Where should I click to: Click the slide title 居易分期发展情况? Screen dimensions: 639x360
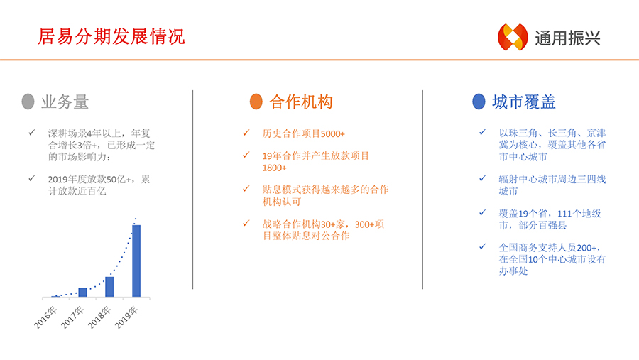pyautogui.click(x=111, y=37)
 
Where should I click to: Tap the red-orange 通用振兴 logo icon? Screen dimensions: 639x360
pyautogui.click(x=513, y=37)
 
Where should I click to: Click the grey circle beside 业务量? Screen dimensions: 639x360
pyautogui.click(x=28, y=102)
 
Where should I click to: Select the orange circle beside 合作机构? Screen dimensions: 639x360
pyautogui.click(x=256, y=102)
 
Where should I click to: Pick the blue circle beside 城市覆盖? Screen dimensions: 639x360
pyautogui.click(x=479, y=102)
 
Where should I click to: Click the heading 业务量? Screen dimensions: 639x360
pyautogui.click(x=65, y=102)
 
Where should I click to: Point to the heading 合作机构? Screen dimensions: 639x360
pyautogui.click(x=301, y=102)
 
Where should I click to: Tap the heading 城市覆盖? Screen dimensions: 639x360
pyautogui.click(x=524, y=102)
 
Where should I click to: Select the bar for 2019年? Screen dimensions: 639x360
pyautogui.click(x=136, y=261)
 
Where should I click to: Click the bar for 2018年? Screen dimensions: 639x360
pyautogui.click(x=109, y=287)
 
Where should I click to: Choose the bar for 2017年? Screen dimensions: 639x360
pyautogui.click(x=82, y=293)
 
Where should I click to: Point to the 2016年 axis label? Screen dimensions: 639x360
pyautogui.click(x=45, y=317)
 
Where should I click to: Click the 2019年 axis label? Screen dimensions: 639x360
pyautogui.click(x=126, y=317)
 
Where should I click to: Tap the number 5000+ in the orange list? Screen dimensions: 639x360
pyautogui.click(x=332, y=134)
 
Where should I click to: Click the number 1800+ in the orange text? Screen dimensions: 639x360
pyautogui.click(x=274, y=168)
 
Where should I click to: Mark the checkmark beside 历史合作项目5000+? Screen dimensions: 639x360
pyautogui.click(x=246, y=133)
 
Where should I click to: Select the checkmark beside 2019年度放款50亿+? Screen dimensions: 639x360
pyautogui.click(x=32, y=178)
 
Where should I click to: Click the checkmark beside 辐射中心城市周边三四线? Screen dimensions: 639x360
pyautogui.click(x=483, y=178)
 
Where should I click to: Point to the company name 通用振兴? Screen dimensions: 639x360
pyautogui.click(x=568, y=38)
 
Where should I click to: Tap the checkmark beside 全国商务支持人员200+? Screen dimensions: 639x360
pyautogui.click(x=483, y=246)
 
